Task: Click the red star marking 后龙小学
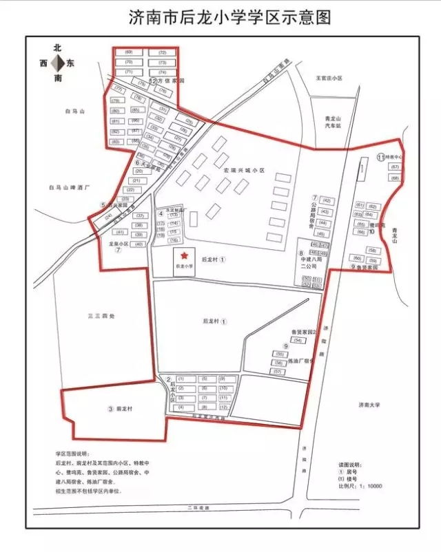click(183, 255)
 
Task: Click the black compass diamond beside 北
click(62, 63)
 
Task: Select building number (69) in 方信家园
click(129, 53)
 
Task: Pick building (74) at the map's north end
click(163, 72)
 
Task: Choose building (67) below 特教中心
click(395, 167)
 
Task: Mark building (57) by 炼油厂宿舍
click(278, 372)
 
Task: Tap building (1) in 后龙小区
click(181, 379)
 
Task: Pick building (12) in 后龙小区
click(223, 407)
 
